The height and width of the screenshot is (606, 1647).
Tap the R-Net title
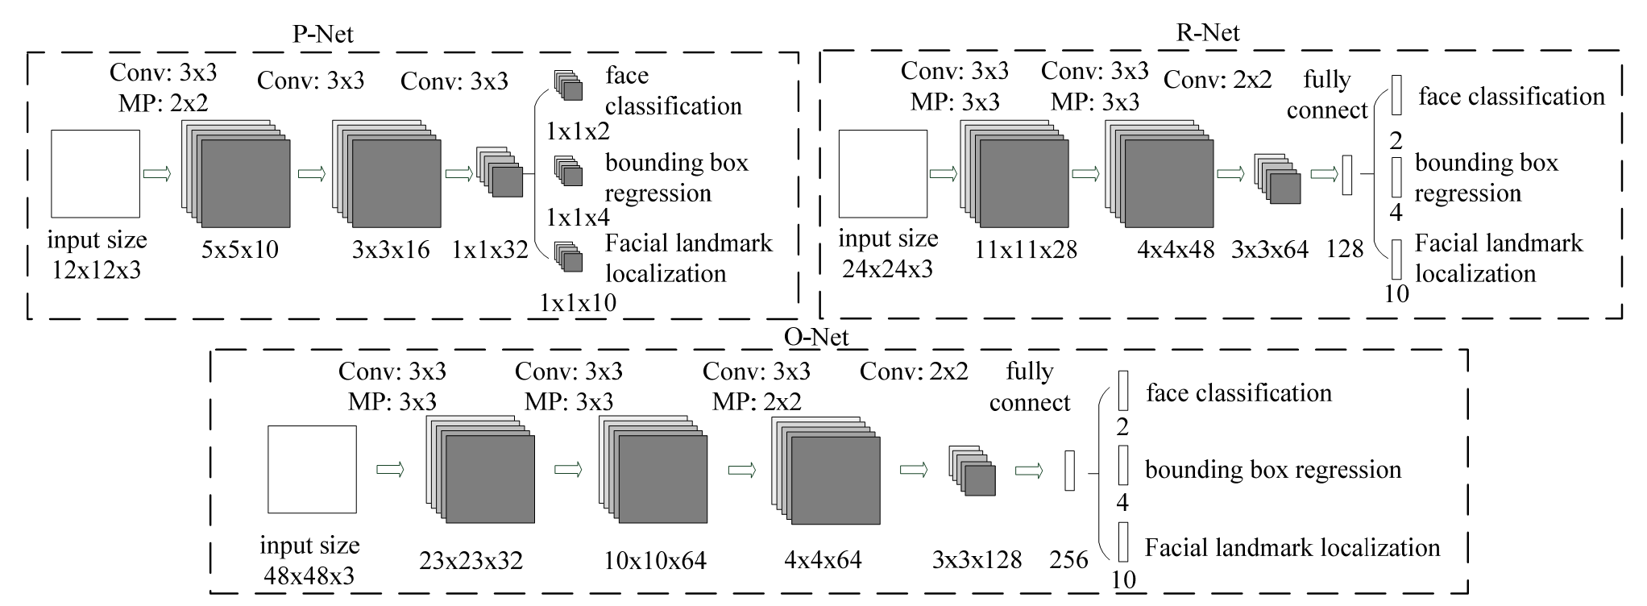pyautogui.click(x=1207, y=32)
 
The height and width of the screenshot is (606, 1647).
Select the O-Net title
pyautogui.click(x=815, y=336)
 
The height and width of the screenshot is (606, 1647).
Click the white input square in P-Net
pyautogui.click(x=95, y=173)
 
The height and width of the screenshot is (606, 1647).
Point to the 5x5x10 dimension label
pyautogui.click(x=240, y=250)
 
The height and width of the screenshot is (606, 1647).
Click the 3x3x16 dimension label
pyautogui.click(x=391, y=250)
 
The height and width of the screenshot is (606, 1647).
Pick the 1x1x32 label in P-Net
pyautogui.click(x=490, y=250)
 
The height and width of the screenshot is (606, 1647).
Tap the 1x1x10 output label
pyautogui.click(x=578, y=303)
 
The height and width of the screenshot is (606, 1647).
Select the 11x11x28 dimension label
pyautogui.click(x=1025, y=250)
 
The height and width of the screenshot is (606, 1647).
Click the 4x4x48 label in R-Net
pyautogui.click(x=1176, y=250)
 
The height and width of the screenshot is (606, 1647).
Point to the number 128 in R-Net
pyautogui.click(x=1344, y=249)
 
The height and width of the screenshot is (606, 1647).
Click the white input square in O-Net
pyautogui.click(x=312, y=469)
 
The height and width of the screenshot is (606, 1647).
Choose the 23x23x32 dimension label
pyautogui.click(x=471, y=560)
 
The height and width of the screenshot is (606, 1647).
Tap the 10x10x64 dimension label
pyautogui.click(x=655, y=560)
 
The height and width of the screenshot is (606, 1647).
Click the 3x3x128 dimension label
pyautogui.click(x=977, y=560)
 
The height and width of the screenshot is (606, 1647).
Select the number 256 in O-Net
pyautogui.click(x=1069, y=560)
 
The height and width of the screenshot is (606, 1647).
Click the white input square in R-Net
pyautogui.click(x=883, y=173)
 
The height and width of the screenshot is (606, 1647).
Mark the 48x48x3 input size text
pyautogui.click(x=309, y=576)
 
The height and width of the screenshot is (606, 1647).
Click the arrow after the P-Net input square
pyautogui.click(x=157, y=173)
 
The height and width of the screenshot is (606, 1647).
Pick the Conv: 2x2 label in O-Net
pyautogui.click(x=914, y=371)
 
